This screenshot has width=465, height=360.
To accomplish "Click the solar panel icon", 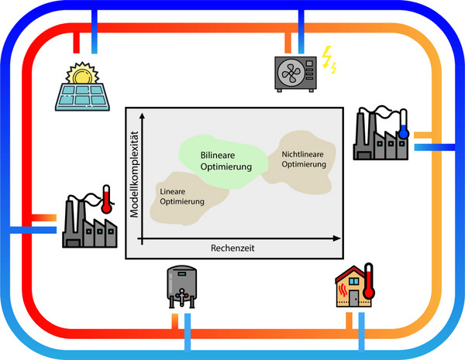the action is pos(82,97).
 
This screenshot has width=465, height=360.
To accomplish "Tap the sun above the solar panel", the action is pos(82,73).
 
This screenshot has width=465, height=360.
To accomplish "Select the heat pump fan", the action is pos(288,73).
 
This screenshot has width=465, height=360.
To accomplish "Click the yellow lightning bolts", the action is pos(329,60).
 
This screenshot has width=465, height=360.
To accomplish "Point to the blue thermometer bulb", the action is pos(403,133).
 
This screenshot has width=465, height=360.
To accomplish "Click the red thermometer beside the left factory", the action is pos(106,200).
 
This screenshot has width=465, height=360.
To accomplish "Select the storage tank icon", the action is pos(182,286).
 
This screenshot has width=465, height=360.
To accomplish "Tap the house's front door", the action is pos(353,298).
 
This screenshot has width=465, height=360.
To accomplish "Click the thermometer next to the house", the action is pos(369,281).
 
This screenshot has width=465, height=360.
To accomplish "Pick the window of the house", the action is pos(354,281).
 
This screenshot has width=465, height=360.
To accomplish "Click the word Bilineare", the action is pos(218,156).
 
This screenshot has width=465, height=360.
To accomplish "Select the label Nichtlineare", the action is pos(302,154).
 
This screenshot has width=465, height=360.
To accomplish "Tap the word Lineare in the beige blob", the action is pos(173,191).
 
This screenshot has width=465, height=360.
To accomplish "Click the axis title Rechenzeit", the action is pos(232,248).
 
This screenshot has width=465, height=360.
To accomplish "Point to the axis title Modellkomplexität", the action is pos(135,174).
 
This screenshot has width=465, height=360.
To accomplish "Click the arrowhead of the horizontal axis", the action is pos(337,238).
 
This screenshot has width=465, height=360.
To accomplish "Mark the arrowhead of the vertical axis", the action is pos(143,116).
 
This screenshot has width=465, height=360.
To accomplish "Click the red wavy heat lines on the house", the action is pos(343,290).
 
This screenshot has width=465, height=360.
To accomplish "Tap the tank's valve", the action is pos(181,295).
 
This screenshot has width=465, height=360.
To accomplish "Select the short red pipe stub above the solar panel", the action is pos(76,43).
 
